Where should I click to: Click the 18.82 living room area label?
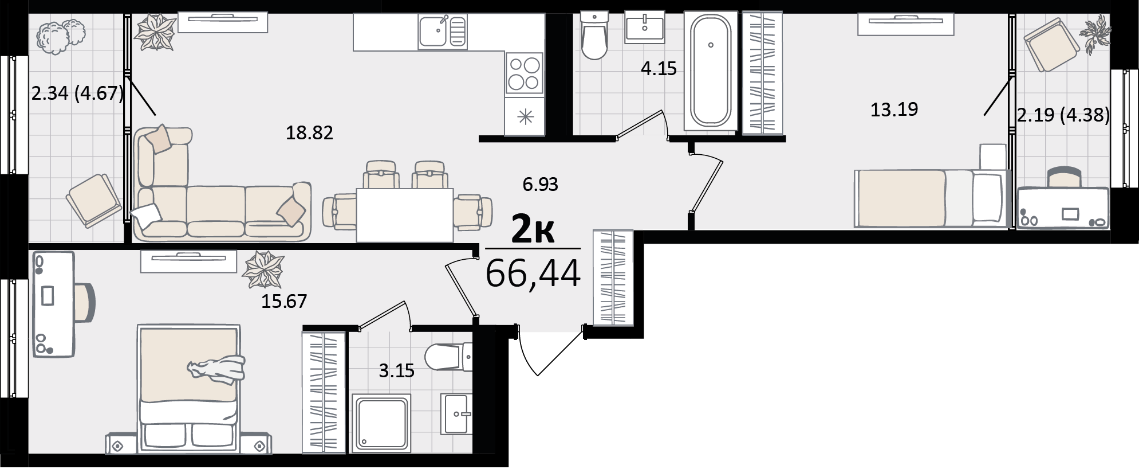[309, 133]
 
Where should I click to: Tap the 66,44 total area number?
[533, 273]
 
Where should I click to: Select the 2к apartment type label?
[533, 230]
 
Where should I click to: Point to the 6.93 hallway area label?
[540, 185]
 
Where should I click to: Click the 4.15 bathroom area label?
[659, 69]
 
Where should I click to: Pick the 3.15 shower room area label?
[396, 371]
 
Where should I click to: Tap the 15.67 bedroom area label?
[284, 301]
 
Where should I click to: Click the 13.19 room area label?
[894, 109]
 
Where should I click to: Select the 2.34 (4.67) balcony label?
[77, 93]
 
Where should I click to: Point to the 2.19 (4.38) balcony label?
[1063, 115]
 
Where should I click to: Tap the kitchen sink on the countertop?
[442, 31]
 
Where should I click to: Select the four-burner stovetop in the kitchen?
[525, 73]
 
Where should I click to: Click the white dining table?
[405, 215]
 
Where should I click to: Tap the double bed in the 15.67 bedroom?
[188, 388]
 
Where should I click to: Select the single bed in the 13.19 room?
[931, 198]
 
